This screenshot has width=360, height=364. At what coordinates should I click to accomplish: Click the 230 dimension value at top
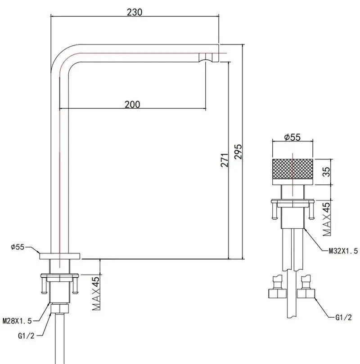point(135,12)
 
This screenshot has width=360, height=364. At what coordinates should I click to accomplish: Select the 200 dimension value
point(132,104)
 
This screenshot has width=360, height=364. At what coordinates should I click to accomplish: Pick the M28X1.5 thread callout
point(17,320)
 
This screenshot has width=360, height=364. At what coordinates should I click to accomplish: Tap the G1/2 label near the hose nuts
point(343,317)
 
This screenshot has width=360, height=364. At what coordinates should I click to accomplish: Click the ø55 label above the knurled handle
point(292,138)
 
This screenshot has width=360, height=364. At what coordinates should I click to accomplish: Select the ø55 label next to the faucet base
point(18,247)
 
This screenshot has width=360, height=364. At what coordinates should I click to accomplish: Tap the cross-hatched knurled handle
point(293,171)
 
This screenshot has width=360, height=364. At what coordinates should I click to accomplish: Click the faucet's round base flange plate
point(60,256)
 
